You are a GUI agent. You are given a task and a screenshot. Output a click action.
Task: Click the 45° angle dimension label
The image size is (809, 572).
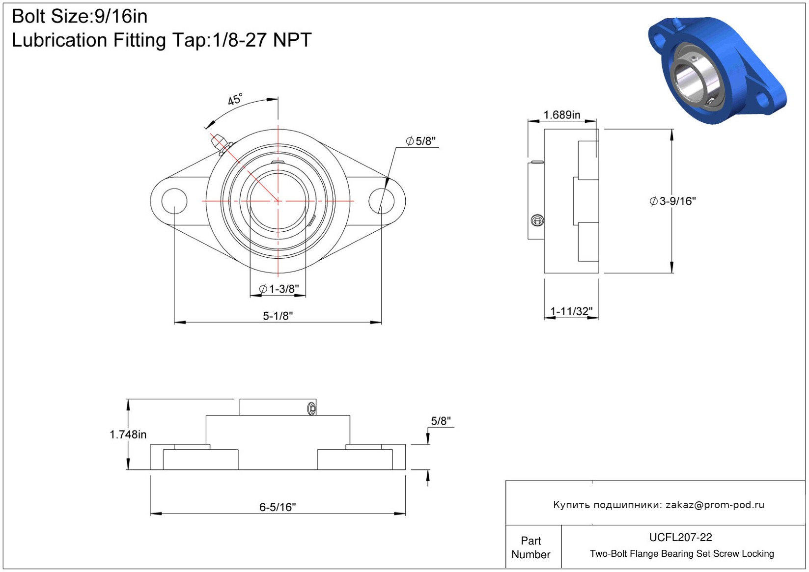(235, 99)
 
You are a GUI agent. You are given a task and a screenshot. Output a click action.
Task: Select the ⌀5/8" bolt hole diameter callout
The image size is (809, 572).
(421, 141)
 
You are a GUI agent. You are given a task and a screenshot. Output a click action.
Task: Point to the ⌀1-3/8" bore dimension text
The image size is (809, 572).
(279, 289)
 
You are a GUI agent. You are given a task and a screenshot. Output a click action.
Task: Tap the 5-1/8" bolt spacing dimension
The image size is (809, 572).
(278, 316)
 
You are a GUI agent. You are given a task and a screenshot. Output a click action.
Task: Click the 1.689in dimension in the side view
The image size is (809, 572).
(562, 115)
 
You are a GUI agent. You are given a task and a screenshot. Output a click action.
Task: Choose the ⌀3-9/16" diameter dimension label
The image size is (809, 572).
(672, 201)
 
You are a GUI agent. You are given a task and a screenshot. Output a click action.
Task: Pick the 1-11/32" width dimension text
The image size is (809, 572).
(571, 311)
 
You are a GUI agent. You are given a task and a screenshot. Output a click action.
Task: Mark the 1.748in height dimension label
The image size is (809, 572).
(128, 435)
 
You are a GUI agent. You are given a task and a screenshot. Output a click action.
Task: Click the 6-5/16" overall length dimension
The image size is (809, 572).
(278, 507)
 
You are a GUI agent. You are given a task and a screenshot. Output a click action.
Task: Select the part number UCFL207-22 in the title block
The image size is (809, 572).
(680, 537)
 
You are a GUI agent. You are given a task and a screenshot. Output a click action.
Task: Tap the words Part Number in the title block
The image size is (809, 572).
(530, 547)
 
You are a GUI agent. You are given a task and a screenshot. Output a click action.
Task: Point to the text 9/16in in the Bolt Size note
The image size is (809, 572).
(121, 17)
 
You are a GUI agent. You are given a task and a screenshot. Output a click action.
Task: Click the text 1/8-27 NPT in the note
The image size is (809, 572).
(262, 40)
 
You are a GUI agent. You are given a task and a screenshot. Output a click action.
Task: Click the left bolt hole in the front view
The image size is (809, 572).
(174, 201)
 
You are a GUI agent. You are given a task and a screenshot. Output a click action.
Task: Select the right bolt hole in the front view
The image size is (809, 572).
(381, 201)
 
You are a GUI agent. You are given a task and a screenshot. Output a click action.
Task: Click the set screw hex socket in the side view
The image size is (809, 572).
(537, 220)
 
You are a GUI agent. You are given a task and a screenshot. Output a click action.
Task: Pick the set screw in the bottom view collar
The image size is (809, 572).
(312, 409)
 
